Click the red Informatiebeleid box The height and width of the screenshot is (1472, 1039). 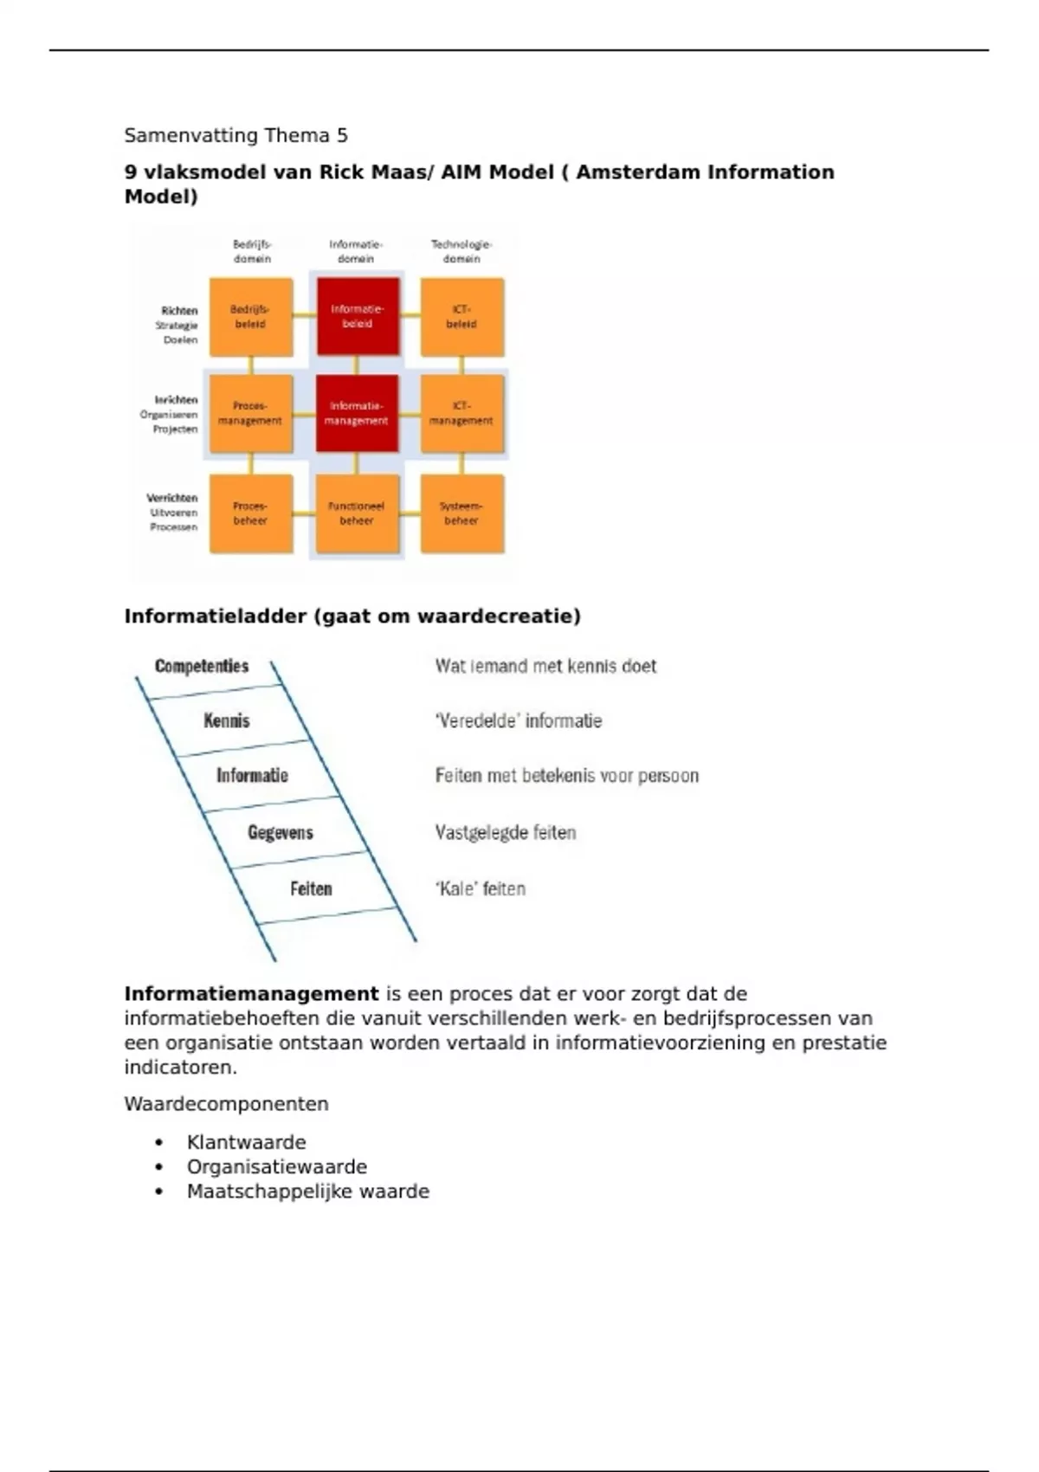click(358, 316)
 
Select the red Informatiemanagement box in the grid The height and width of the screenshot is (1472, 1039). click(357, 413)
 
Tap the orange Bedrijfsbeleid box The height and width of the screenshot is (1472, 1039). click(251, 317)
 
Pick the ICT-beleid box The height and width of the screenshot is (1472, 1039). click(461, 317)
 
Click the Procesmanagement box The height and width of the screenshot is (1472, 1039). click(251, 413)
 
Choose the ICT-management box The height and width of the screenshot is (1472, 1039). click(461, 413)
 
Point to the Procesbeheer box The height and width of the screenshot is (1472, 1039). click(251, 513)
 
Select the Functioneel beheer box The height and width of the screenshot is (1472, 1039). click(357, 513)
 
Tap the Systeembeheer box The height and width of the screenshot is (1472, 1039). click(461, 513)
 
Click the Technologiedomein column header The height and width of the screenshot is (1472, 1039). click(461, 251)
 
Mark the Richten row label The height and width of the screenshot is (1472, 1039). click(179, 311)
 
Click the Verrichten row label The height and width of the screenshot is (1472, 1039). click(172, 498)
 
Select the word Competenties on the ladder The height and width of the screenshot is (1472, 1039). click(202, 666)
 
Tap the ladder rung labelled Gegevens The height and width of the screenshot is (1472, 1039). click(281, 832)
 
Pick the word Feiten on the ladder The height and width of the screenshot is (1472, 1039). click(311, 888)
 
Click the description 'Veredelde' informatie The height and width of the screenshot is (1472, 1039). click(518, 720)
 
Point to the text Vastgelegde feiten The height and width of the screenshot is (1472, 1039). click(506, 832)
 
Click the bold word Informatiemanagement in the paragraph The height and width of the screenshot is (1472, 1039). click(251, 994)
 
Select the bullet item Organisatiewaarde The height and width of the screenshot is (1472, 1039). click(277, 1166)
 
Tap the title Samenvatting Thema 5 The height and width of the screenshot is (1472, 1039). click(236, 135)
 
